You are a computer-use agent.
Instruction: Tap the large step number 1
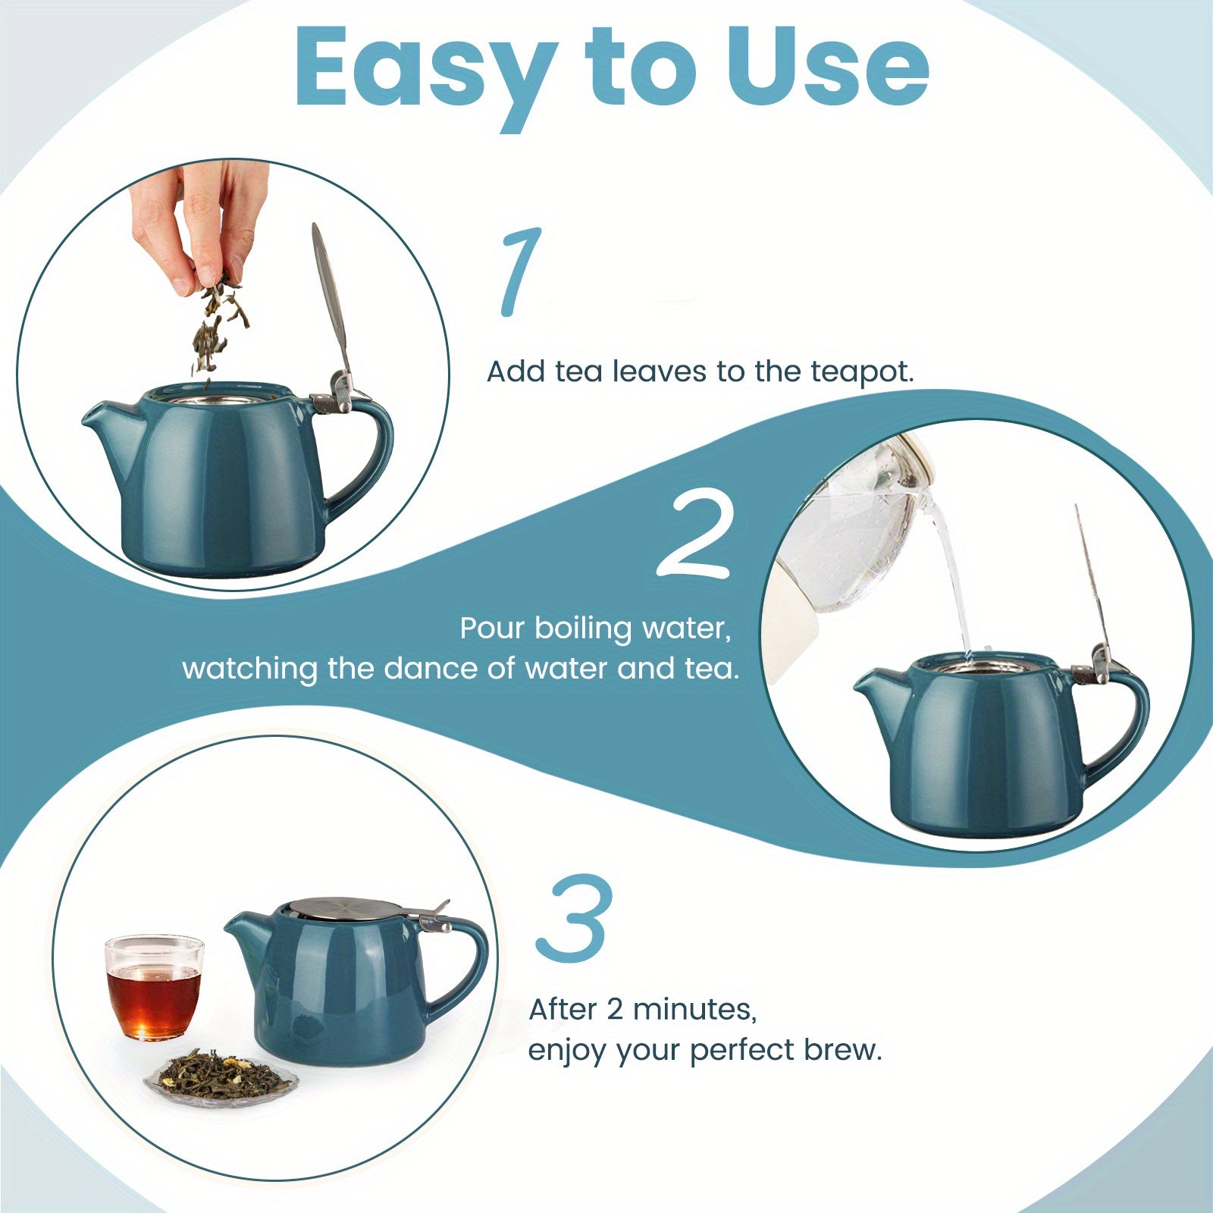point(521,271)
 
